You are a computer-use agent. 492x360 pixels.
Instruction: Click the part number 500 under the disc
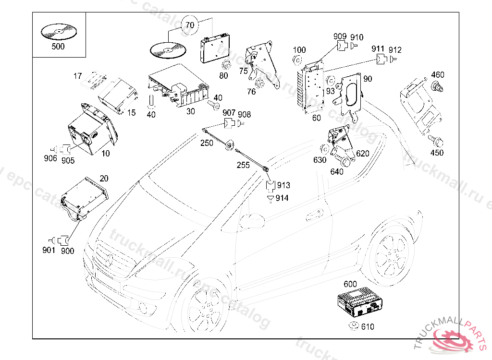(x=58, y=47)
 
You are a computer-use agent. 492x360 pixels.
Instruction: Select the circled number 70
(x=190, y=25)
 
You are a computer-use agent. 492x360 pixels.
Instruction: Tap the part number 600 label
(x=350, y=284)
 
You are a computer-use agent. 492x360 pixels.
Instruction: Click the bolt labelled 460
(x=437, y=87)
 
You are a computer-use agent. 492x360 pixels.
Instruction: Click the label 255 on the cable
(x=243, y=165)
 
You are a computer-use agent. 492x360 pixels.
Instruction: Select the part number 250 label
(x=207, y=143)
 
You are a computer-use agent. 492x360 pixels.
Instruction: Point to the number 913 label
(x=283, y=185)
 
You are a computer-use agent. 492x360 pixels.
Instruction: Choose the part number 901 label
(x=49, y=250)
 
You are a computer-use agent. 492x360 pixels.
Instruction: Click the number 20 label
(x=104, y=179)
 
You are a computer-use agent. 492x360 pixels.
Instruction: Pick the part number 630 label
(x=320, y=160)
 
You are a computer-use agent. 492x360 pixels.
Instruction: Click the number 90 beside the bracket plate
(x=368, y=79)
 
